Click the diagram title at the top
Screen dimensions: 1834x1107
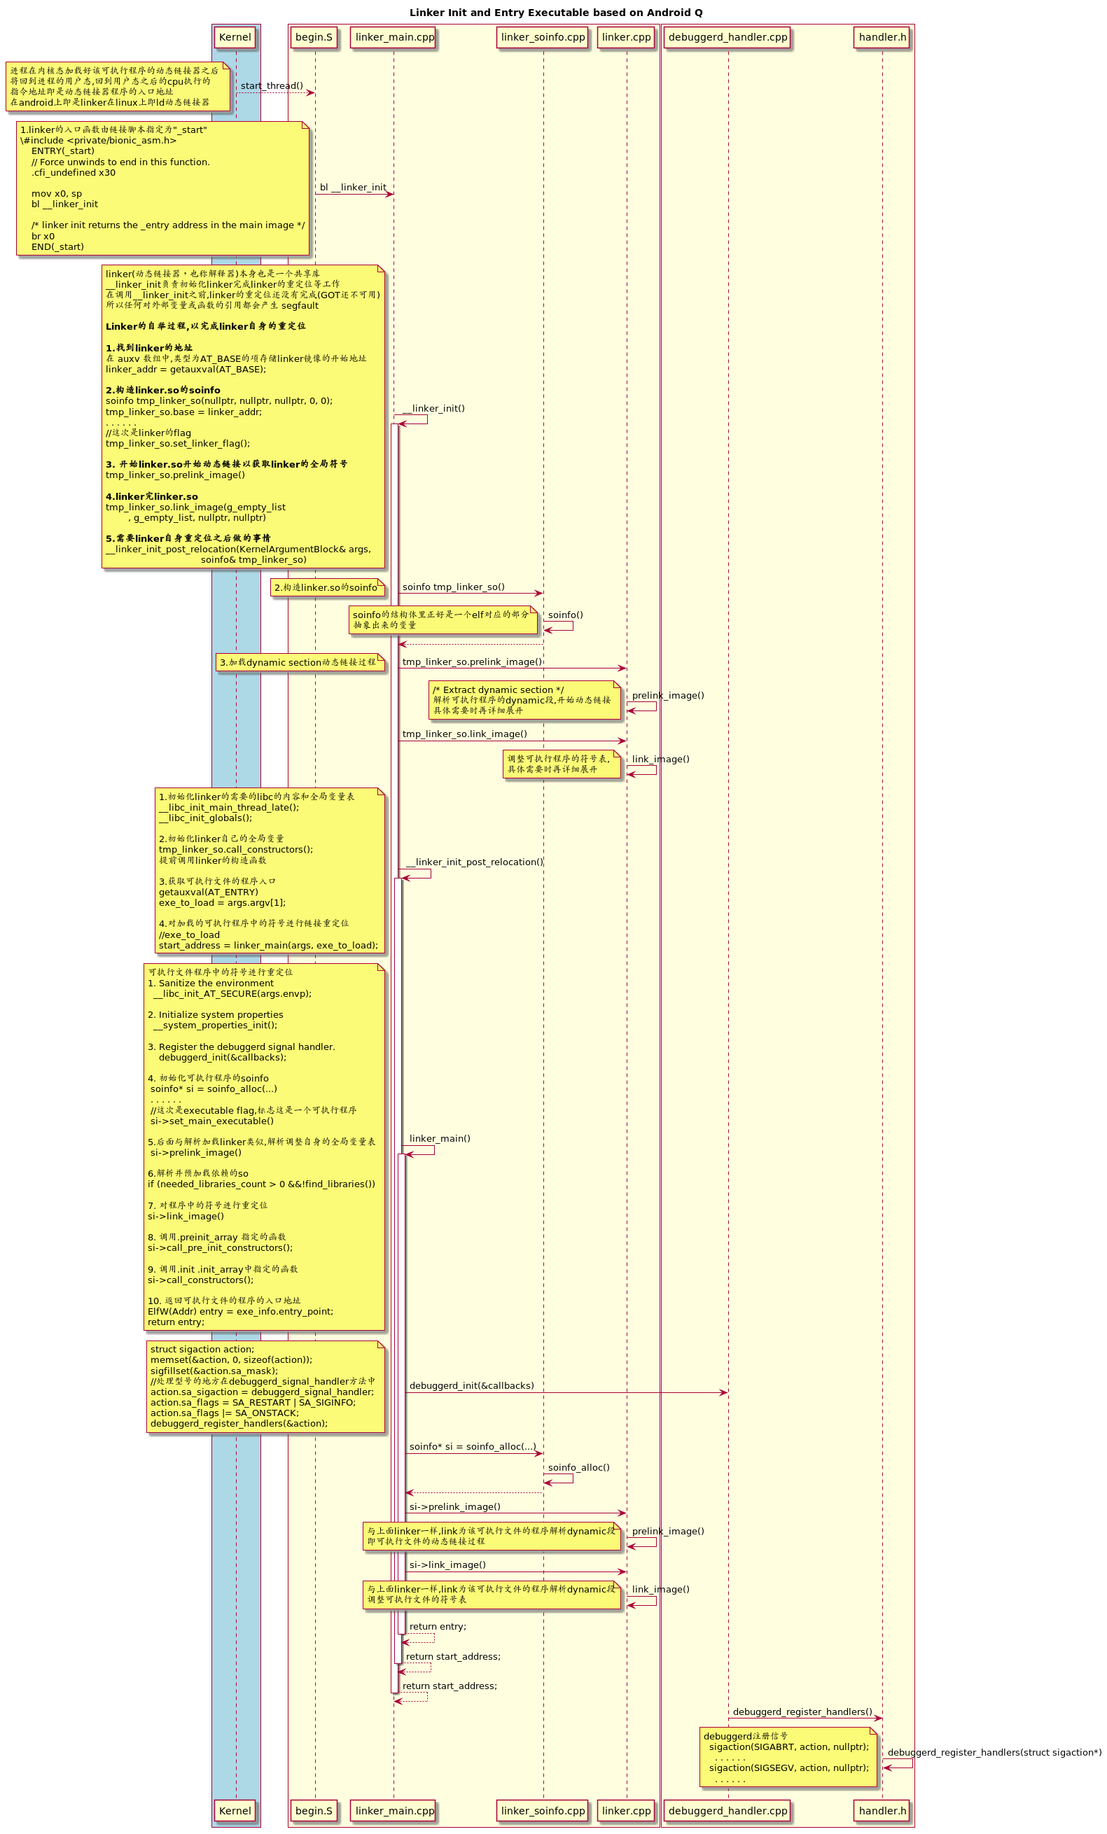tap(555, 13)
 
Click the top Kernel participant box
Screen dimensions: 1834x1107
tap(235, 37)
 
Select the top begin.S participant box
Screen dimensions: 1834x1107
tap(314, 37)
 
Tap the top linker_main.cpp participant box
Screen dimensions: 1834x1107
tap(394, 37)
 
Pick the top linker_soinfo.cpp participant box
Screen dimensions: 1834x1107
tap(543, 37)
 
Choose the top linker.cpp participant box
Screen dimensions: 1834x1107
tap(626, 37)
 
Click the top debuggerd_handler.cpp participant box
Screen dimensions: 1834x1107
tap(727, 37)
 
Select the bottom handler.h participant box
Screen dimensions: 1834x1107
tap(882, 1810)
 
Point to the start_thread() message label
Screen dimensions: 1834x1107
tap(272, 85)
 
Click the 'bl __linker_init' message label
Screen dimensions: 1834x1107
tap(353, 188)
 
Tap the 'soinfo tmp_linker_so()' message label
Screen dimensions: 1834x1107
tap(453, 587)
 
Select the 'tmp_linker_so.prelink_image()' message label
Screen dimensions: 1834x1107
tap(472, 661)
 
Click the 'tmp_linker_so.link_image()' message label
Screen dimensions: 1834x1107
tap(464, 734)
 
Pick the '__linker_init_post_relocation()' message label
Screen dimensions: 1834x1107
tap(474, 862)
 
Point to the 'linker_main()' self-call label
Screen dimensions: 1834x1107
tap(439, 1138)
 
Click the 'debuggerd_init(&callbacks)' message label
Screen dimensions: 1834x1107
tap(471, 1386)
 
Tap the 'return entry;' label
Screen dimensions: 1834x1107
tap(438, 1626)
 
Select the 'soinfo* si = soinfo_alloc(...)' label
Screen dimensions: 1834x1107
tap(473, 1447)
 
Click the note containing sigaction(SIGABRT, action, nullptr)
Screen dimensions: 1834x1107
tap(788, 1756)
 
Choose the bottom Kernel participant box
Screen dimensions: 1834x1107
tap(235, 1810)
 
